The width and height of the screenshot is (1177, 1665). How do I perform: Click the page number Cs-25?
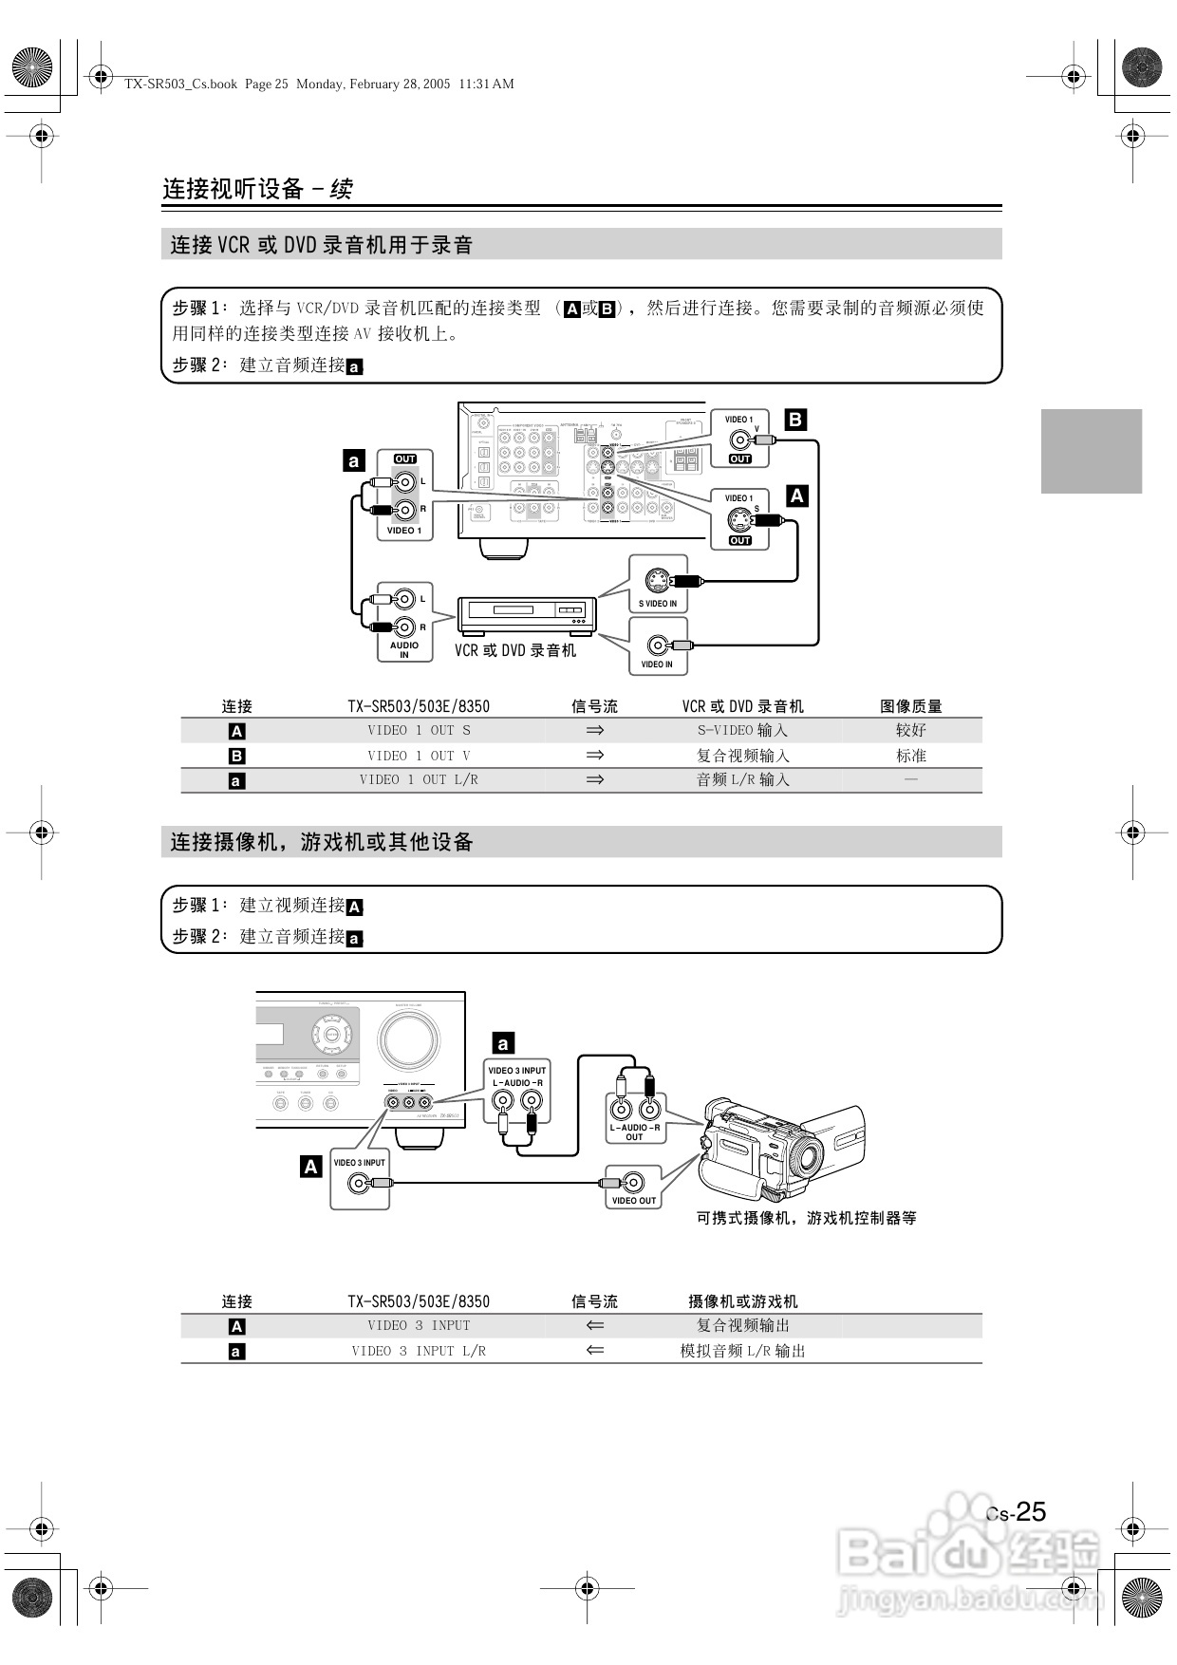pos(1017,1512)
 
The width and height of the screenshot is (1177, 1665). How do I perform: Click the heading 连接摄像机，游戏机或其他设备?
pos(322,842)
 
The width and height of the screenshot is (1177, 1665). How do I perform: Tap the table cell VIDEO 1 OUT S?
pos(419,731)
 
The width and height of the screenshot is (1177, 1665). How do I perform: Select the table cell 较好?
pos(910,731)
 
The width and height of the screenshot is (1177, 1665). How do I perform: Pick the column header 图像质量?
pos(910,706)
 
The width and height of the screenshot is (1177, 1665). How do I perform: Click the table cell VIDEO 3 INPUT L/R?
pos(419,1351)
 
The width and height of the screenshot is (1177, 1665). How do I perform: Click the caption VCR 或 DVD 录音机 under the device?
pos(514,650)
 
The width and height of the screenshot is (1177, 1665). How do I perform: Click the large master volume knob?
pos(408,1039)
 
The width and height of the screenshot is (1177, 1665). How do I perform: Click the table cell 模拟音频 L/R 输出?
pos(742,1351)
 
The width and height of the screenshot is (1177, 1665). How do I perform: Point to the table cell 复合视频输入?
pos(742,756)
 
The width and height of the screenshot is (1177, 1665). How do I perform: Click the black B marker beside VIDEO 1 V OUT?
pos(795,420)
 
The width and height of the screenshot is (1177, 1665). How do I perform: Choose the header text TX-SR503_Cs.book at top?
pos(180,84)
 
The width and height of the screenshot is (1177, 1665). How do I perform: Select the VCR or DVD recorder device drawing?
pos(526,616)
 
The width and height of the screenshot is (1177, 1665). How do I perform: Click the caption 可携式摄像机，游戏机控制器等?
pos(806,1218)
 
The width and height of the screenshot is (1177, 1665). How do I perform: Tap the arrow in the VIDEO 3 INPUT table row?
pos(595,1325)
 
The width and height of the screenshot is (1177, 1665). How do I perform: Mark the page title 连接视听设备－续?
pos(257,189)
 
